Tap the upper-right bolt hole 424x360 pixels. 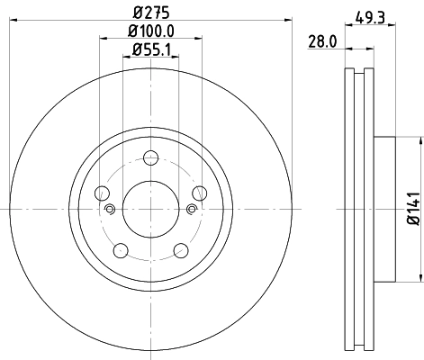[199, 193]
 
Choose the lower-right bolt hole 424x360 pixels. [181, 249]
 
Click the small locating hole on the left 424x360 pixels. [110, 210]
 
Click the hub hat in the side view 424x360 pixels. [384, 209]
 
